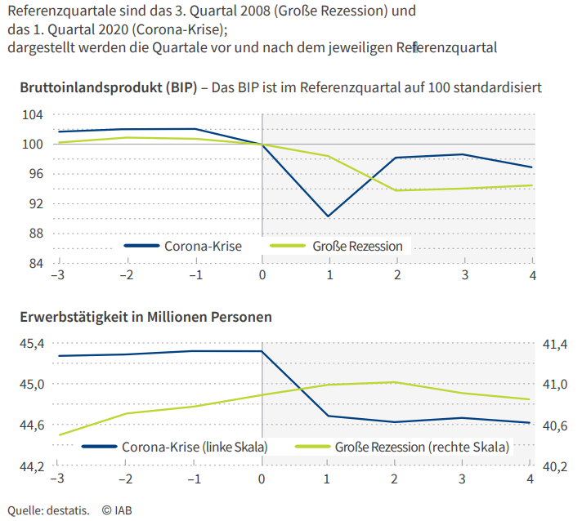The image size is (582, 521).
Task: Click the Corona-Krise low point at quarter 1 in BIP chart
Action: pos(328,216)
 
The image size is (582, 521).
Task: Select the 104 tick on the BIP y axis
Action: pos(33,114)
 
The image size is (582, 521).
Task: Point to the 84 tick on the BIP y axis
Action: pos(35,264)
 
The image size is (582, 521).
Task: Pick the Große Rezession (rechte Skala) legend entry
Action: pos(421,447)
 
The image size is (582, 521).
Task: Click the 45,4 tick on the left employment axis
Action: pos(32,345)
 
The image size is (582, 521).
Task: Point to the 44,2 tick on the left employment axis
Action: pos(32,467)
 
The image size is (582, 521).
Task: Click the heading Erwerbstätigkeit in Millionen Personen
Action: pos(145,315)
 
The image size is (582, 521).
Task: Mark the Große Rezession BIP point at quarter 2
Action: pos(396,190)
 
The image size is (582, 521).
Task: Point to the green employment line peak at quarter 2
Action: pos(396,381)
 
